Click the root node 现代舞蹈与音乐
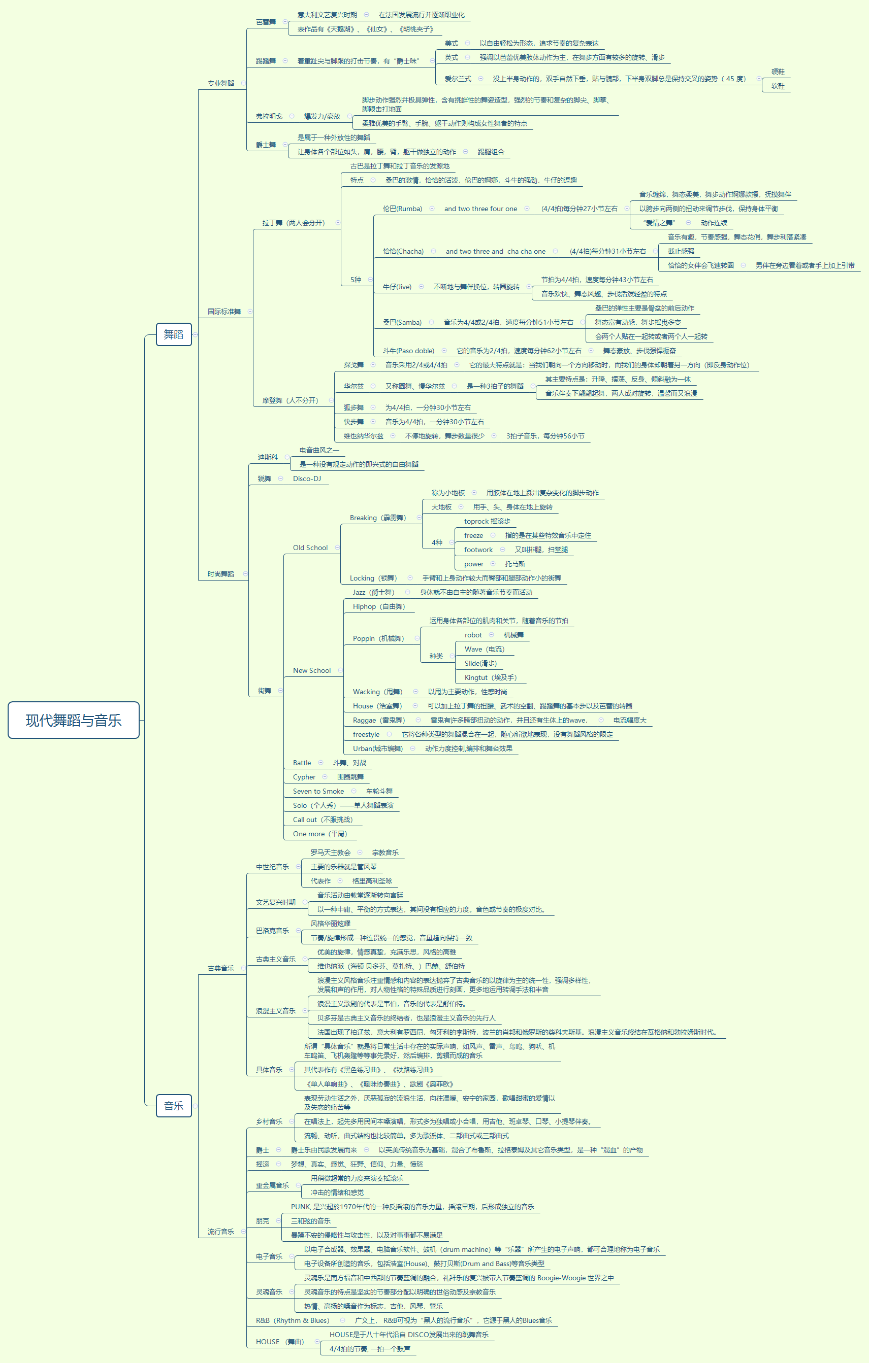pyautogui.click(x=74, y=720)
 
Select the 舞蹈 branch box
pyautogui.click(x=173, y=334)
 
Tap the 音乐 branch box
pyautogui.click(x=173, y=1105)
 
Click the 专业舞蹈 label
pyautogui.click(x=220, y=83)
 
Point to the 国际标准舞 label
pyautogui.click(x=224, y=311)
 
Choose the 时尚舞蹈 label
pyautogui.click(x=220, y=574)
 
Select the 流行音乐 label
pyautogui.click(x=220, y=1232)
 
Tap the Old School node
pyautogui.click(x=310, y=548)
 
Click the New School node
pyautogui.click(x=311, y=671)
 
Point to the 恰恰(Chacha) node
pyautogui.click(x=403, y=251)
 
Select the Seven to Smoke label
pyautogui.click(x=318, y=791)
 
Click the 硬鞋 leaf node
pyautogui.click(x=778, y=72)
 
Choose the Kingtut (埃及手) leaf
pyautogui.click(x=490, y=677)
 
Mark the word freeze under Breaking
pyautogui.click(x=473, y=535)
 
